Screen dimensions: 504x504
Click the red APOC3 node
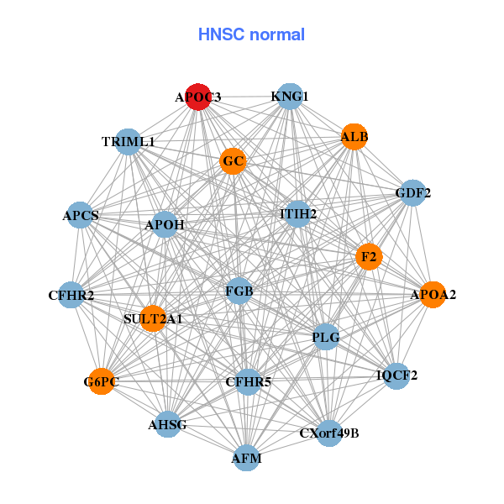198,97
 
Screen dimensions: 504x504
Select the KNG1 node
289,97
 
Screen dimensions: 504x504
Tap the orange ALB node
354,136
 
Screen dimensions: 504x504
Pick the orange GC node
234,161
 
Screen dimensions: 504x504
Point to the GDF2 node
412,193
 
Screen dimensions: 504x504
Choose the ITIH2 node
298,214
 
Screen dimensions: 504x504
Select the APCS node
81,216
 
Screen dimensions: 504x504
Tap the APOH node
165,225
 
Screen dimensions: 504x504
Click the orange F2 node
368,255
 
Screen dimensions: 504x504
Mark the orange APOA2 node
433,295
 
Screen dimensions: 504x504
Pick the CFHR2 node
71,295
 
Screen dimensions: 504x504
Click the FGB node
239,291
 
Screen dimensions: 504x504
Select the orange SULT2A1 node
153,319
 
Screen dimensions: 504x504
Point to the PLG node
326,338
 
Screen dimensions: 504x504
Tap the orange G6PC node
101,382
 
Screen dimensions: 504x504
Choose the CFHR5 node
249,382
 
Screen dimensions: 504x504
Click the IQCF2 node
397,375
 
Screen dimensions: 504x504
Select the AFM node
247,458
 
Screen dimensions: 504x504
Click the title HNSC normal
251,34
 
